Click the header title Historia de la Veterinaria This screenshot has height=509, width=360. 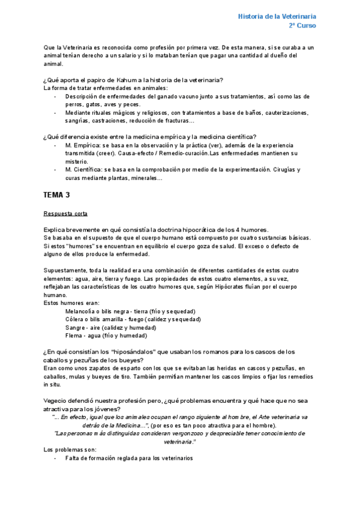tap(277, 16)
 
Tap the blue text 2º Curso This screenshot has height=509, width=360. tap(302, 26)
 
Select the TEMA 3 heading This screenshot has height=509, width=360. tap(57, 195)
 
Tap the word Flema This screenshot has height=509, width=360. tap(74, 336)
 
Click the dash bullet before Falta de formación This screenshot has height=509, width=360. tap(55, 458)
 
